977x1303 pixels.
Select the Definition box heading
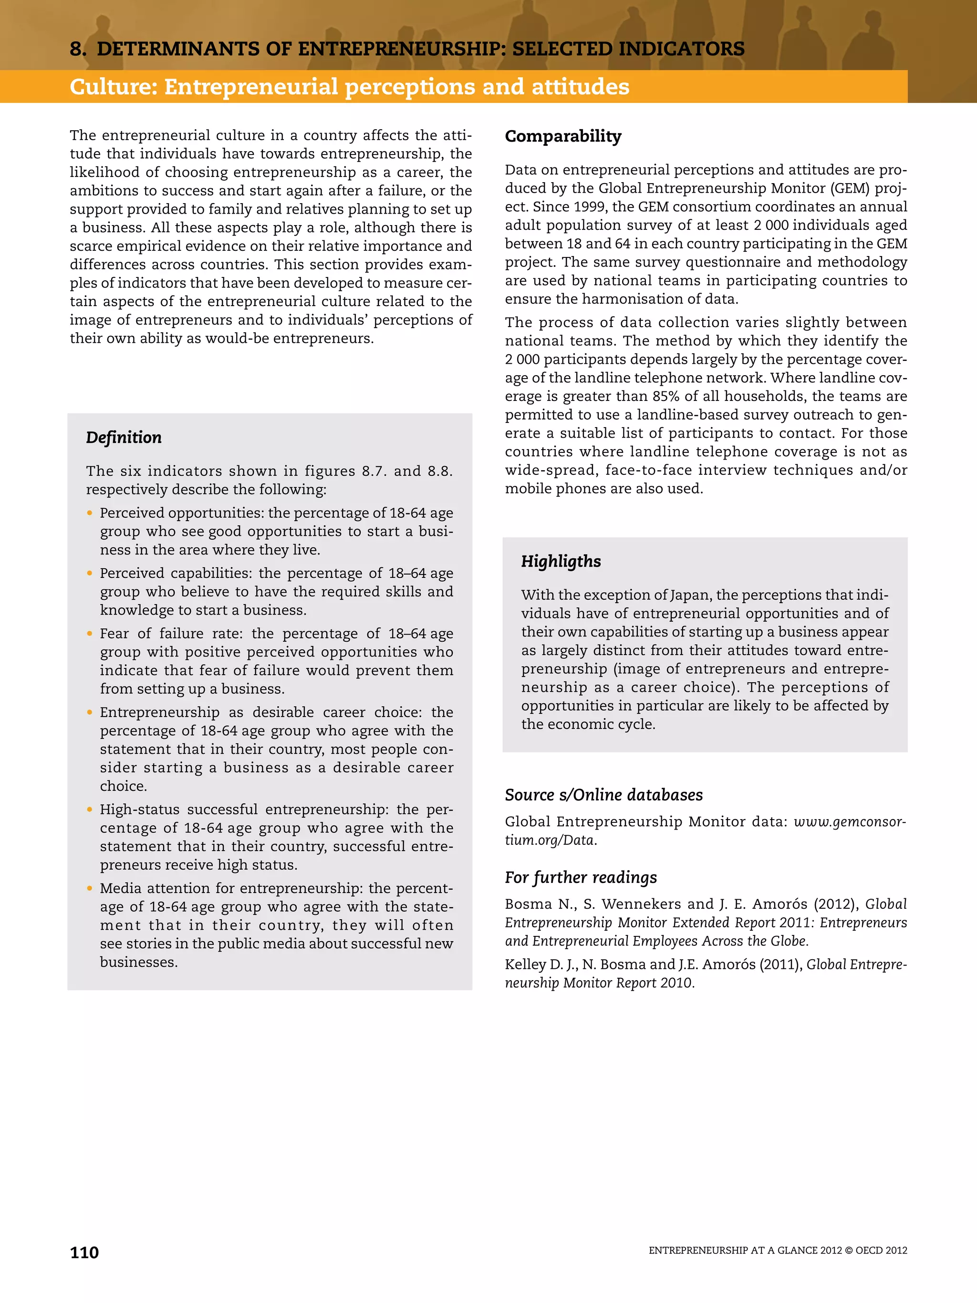click(124, 437)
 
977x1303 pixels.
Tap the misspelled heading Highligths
click(561, 561)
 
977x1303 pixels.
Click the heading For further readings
click(581, 877)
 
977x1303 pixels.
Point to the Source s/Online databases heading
click(603, 795)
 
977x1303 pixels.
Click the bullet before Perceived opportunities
click(90, 513)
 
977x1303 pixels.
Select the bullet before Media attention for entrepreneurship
click(90, 888)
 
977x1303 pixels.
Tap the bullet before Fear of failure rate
click(90, 634)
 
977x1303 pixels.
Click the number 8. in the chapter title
click(78, 49)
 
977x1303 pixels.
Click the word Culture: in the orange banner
click(113, 87)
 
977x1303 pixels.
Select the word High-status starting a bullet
click(140, 810)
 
